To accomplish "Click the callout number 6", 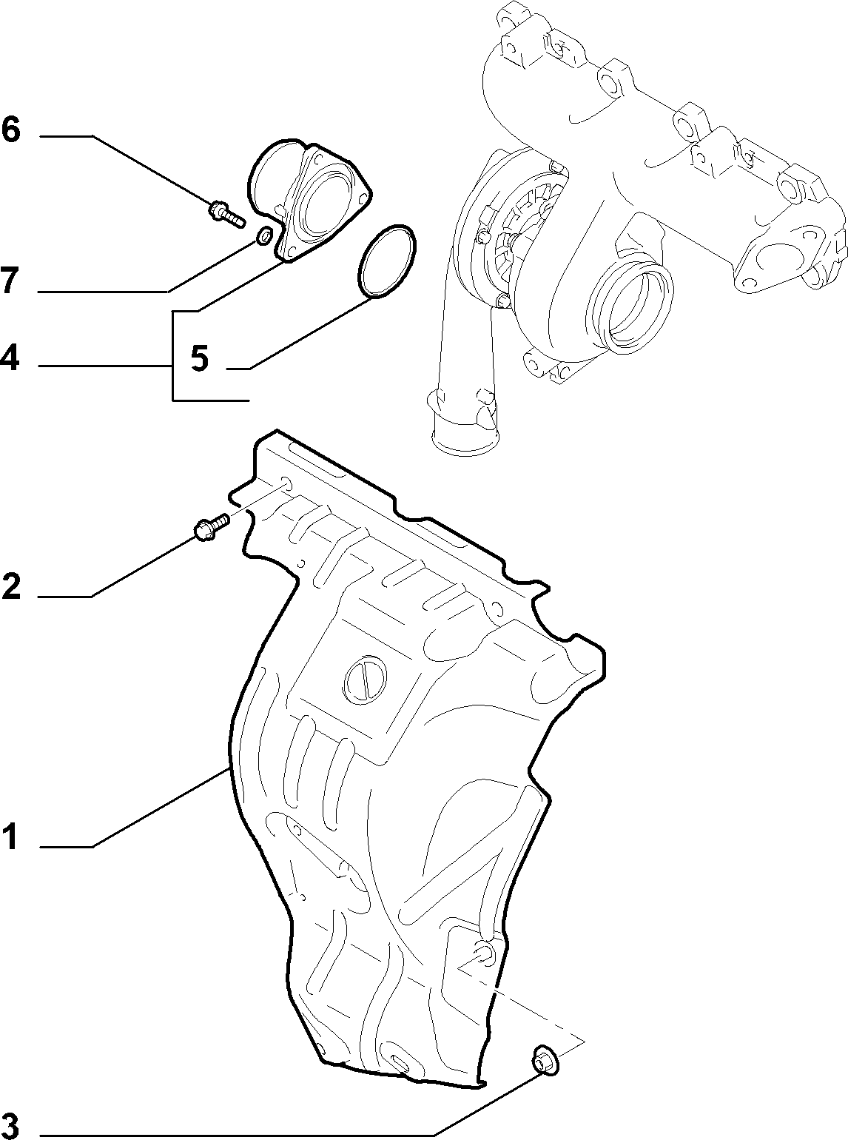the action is (x=11, y=130).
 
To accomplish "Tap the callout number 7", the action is (x=10, y=281).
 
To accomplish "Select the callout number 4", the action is (x=10, y=358).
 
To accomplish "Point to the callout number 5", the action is (x=199, y=358).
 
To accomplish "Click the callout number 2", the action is (x=11, y=586).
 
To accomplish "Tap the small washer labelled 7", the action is (x=265, y=236).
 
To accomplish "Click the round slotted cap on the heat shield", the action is (x=365, y=677).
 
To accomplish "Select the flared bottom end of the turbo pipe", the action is (x=466, y=440).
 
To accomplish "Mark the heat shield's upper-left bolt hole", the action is (x=286, y=485).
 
